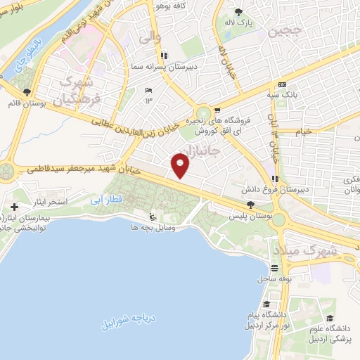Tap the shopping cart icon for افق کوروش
point(217,110)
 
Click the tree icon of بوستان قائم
point(27,92)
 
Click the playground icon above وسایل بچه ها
point(152,216)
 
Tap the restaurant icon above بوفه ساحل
point(274,268)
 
